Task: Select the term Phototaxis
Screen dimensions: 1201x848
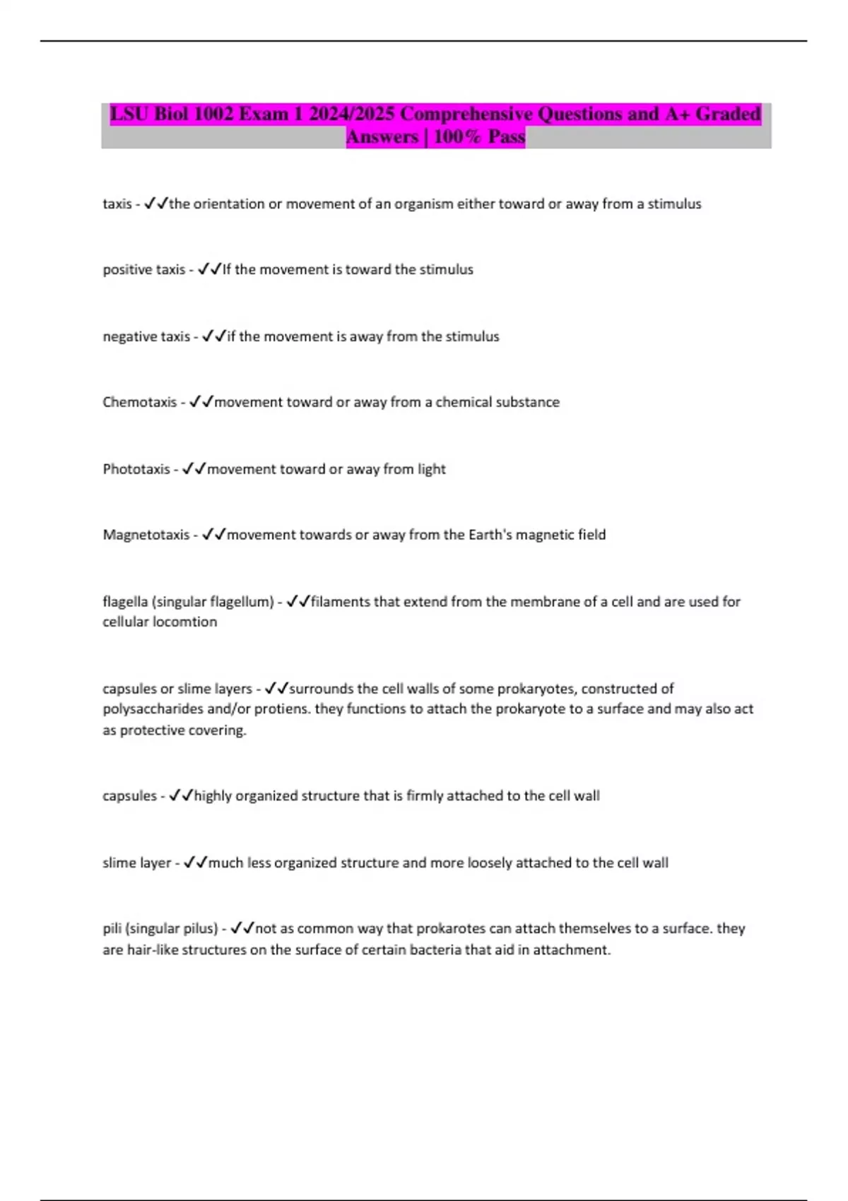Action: [136, 469]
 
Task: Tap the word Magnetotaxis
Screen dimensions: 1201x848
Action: [146, 535]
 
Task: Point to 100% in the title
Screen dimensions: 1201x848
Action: [457, 136]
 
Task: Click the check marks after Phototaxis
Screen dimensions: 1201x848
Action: [194, 469]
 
